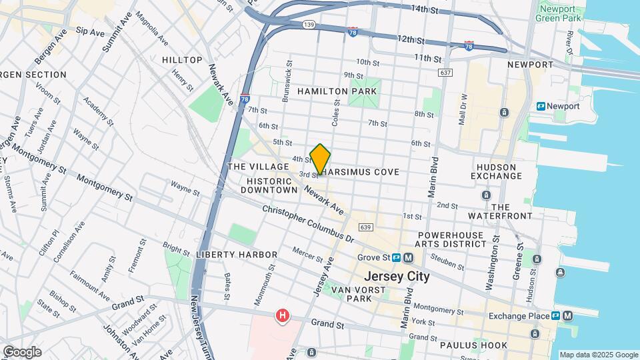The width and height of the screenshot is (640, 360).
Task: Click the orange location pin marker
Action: tap(321, 160)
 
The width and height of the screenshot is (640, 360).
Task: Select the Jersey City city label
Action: tap(397, 276)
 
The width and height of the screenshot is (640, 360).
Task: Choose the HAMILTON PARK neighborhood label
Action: tap(338, 91)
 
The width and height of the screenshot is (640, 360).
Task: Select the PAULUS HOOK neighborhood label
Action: tap(473, 345)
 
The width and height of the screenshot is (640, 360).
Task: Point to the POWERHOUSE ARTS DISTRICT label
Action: tap(452, 240)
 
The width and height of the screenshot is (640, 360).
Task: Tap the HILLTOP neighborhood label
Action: tap(182, 60)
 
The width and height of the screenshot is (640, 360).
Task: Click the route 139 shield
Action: tap(308, 25)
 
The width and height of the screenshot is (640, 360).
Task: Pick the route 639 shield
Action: tap(364, 227)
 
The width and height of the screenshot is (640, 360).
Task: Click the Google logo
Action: tap(22, 351)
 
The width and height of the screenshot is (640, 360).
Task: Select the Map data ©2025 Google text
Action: tap(598, 355)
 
